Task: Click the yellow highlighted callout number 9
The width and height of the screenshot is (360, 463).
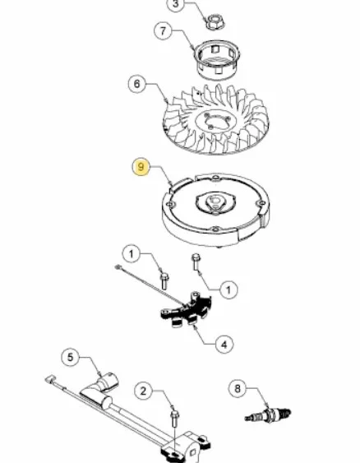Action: tap(141, 167)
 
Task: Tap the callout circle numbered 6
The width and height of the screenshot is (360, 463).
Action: tap(137, 84)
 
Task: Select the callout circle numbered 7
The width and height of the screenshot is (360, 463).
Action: tap(163, 30)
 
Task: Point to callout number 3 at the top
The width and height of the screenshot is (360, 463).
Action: tap(176, 4)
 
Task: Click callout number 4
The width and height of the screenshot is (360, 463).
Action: tap(224, 345)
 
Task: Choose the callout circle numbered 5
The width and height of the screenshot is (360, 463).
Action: tap(70, 357)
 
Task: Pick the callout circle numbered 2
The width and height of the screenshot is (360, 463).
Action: tap(143, 391)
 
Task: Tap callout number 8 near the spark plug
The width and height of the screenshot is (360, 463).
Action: tap(238, 389)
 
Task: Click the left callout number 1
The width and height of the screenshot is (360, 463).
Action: tap(132, 254)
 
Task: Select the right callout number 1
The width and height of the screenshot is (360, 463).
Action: tap(228, 289)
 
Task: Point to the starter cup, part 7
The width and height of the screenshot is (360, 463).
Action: tap(218, 59)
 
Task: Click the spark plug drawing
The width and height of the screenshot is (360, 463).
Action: tap(268, 414)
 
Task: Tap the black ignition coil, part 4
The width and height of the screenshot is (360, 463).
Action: tap(187, 310)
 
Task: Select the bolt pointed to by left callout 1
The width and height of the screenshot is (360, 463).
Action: tap(164, 280)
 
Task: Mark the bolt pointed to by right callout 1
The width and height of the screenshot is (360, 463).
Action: tap(196, 262)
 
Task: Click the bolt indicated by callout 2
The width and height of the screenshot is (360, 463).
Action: tap(175, 419)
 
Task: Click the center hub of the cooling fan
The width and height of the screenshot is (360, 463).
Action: tap(216, 120)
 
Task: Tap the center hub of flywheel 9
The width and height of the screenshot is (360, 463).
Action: tap(216, 202)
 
